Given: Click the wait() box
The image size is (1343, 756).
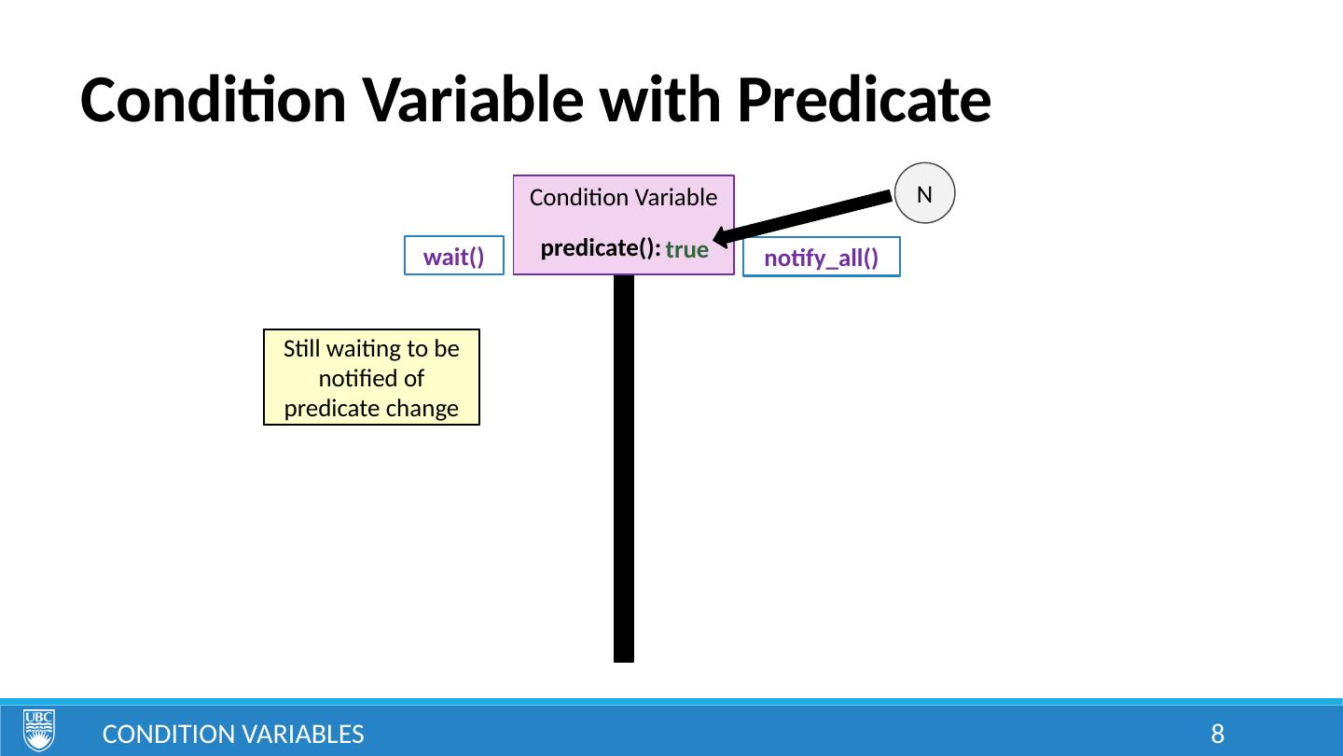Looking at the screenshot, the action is (454, 256).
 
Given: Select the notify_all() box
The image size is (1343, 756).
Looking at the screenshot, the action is (822, 257).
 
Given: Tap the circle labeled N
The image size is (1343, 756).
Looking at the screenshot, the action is (924, 193).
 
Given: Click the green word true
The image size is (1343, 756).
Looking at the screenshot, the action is (687, 249).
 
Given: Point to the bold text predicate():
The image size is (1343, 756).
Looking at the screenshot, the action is (601, 248).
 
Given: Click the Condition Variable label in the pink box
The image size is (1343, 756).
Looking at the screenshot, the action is (624, 198).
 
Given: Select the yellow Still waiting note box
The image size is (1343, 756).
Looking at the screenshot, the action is (372, 377).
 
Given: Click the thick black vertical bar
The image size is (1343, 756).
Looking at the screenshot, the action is (624, 469).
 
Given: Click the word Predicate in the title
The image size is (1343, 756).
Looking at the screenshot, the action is (864, 100).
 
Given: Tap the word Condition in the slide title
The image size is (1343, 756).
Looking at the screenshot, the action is (213, 100).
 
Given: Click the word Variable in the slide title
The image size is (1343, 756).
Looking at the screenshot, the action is (474, 100).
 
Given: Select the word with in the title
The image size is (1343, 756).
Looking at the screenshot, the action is (660, 100).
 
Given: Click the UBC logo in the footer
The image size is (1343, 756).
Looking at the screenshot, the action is (39, 730).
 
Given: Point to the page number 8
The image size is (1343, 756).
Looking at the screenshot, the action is (1218, 734).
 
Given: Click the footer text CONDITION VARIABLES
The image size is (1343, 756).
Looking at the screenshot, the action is (233, 735).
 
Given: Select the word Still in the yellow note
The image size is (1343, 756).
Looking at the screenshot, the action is (302, 349).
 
